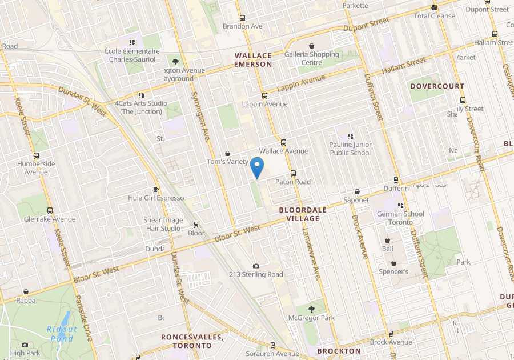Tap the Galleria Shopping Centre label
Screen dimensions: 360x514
pos(312,58)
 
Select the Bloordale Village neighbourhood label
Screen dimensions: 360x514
pos(303,214)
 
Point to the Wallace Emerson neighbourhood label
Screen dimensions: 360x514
pos(253,59)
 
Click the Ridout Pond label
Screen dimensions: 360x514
pos(61,334)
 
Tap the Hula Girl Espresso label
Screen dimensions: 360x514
pos(156,198)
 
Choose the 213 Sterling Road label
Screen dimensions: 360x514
pos(256,274)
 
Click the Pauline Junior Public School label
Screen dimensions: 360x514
pos(350,149)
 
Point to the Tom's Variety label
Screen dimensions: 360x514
pos(227,162)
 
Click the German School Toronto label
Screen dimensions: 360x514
pos(400,218)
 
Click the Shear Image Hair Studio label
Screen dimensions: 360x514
pos(163,224)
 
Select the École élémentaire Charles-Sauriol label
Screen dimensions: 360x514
pos(132,55)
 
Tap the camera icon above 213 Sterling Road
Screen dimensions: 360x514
pos(256,266)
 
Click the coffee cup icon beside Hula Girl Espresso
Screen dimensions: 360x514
pos(156,189)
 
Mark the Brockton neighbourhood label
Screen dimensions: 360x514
pos(339,351)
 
